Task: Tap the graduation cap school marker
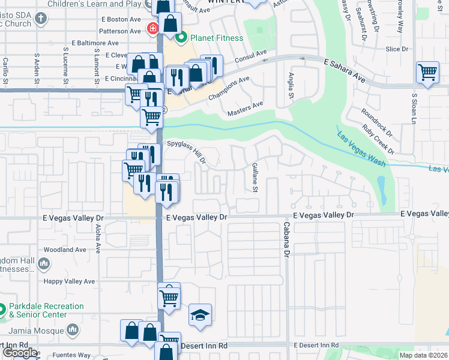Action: click(200, 315)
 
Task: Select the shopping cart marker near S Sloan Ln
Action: click(427, 73)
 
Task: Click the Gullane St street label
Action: click(255, 178)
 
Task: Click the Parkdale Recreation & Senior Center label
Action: click(46, 310)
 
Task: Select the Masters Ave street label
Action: click(245, 109)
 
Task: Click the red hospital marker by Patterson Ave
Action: click(153, 28)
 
